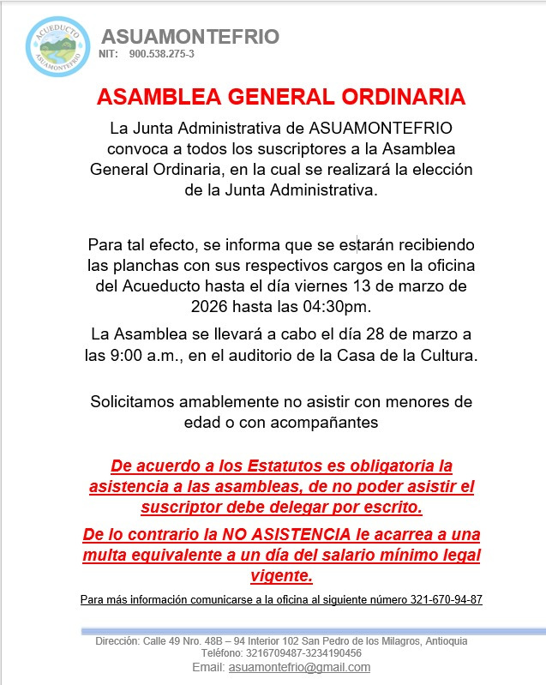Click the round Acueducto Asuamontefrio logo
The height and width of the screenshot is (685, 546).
(x=58, y=45)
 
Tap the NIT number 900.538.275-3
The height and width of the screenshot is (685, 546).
(x=161, y=54)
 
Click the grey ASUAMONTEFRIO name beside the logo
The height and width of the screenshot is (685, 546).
(x=190, y=36)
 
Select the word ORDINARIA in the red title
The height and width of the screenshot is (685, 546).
(x=395, y=96)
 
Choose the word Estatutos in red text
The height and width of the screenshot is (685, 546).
(x=289, y=466)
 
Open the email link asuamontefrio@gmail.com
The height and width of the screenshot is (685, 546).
(x=299, y=667)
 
